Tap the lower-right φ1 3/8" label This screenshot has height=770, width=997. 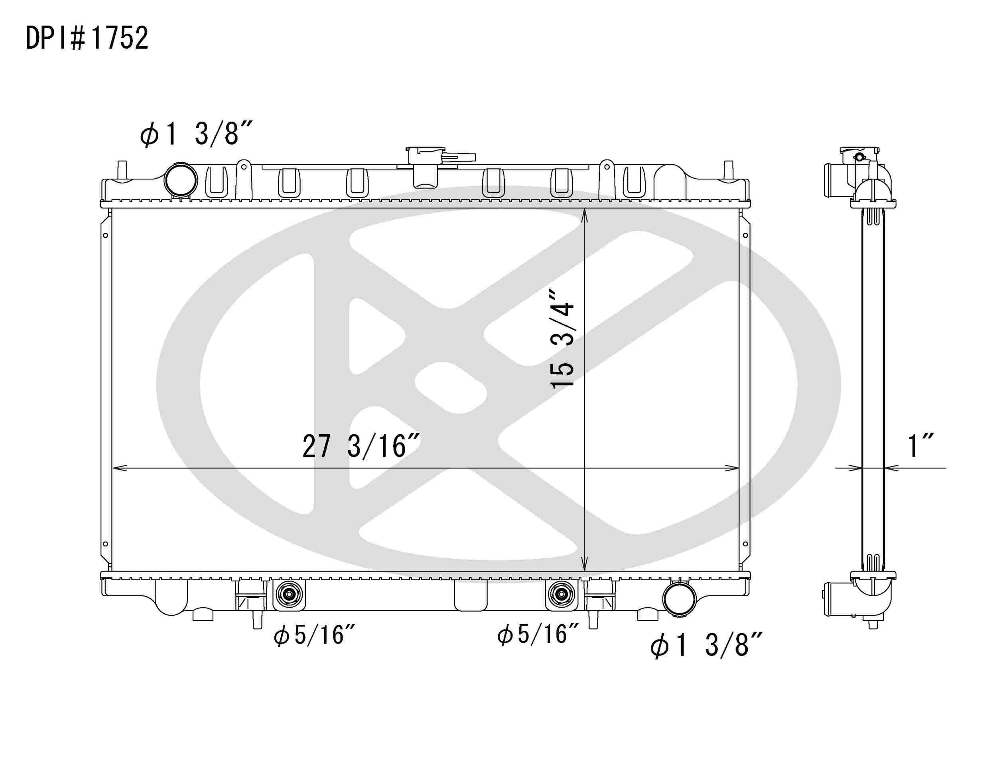[x=706, y=645]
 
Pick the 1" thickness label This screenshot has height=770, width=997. [x=920, y=446]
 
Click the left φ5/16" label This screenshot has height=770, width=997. [x=315, y=635]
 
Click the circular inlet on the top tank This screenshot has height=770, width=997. [x=181, y=180]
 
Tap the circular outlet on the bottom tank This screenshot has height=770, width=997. [x=679, y=599]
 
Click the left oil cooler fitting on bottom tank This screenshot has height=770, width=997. [x=288, y=595]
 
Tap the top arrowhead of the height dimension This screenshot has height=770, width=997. [x=585, y=215]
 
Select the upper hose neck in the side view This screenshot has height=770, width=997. [x=833, y=181]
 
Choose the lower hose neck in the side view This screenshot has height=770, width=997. [x=833, y=599]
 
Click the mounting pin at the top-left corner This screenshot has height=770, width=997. [x=122, y=170]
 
